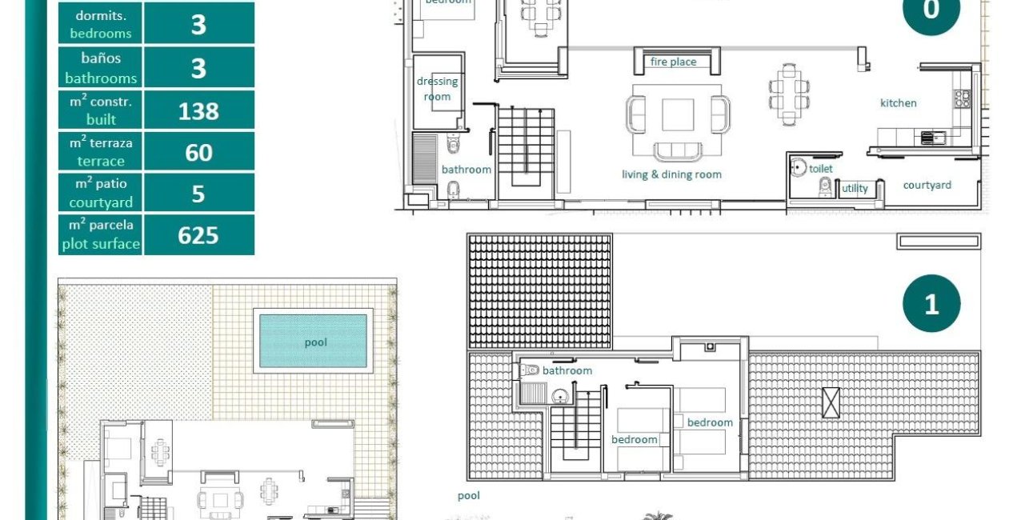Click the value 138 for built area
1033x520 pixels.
198,110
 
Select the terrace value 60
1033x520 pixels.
198,152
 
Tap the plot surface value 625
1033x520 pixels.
198,235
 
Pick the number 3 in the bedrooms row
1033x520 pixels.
198,25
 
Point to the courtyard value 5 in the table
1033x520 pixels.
198,194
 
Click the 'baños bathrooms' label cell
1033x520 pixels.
101,68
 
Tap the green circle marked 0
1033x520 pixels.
931,11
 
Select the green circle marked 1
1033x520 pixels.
931,304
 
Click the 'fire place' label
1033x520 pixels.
673,62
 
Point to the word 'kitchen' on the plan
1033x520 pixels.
898,103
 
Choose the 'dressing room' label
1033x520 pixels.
437,89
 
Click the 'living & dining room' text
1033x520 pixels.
671,174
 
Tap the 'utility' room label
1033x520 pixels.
855,189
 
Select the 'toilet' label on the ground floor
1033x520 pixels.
821,169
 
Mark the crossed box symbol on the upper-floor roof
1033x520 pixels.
831,401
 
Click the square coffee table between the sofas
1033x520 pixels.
679,115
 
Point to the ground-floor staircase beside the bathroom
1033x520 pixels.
526,152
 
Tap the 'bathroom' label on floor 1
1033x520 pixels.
567,370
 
